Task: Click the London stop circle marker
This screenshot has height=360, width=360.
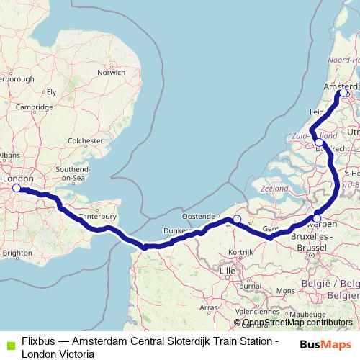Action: point(17,189)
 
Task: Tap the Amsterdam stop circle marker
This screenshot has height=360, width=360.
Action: point(343,93)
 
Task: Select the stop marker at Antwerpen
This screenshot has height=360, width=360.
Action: point(317,218)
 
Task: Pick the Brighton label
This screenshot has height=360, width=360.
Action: point(17,253)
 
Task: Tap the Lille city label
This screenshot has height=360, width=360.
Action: point(228,270)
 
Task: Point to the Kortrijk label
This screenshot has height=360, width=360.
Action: point(238,253)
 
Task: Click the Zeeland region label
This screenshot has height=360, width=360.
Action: point(274,187)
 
